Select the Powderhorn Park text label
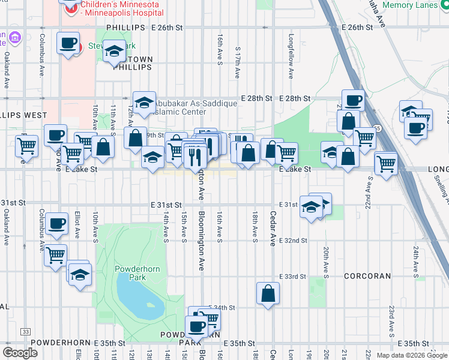(x=138, y=274)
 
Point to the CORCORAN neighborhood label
(x=367, y=277)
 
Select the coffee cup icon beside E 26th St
(x=68, y=43)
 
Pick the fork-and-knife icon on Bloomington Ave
(x=197, y=156)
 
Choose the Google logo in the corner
(x=20, y=352)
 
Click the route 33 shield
(x=25, y=331)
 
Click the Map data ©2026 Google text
(x=412, y=355)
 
